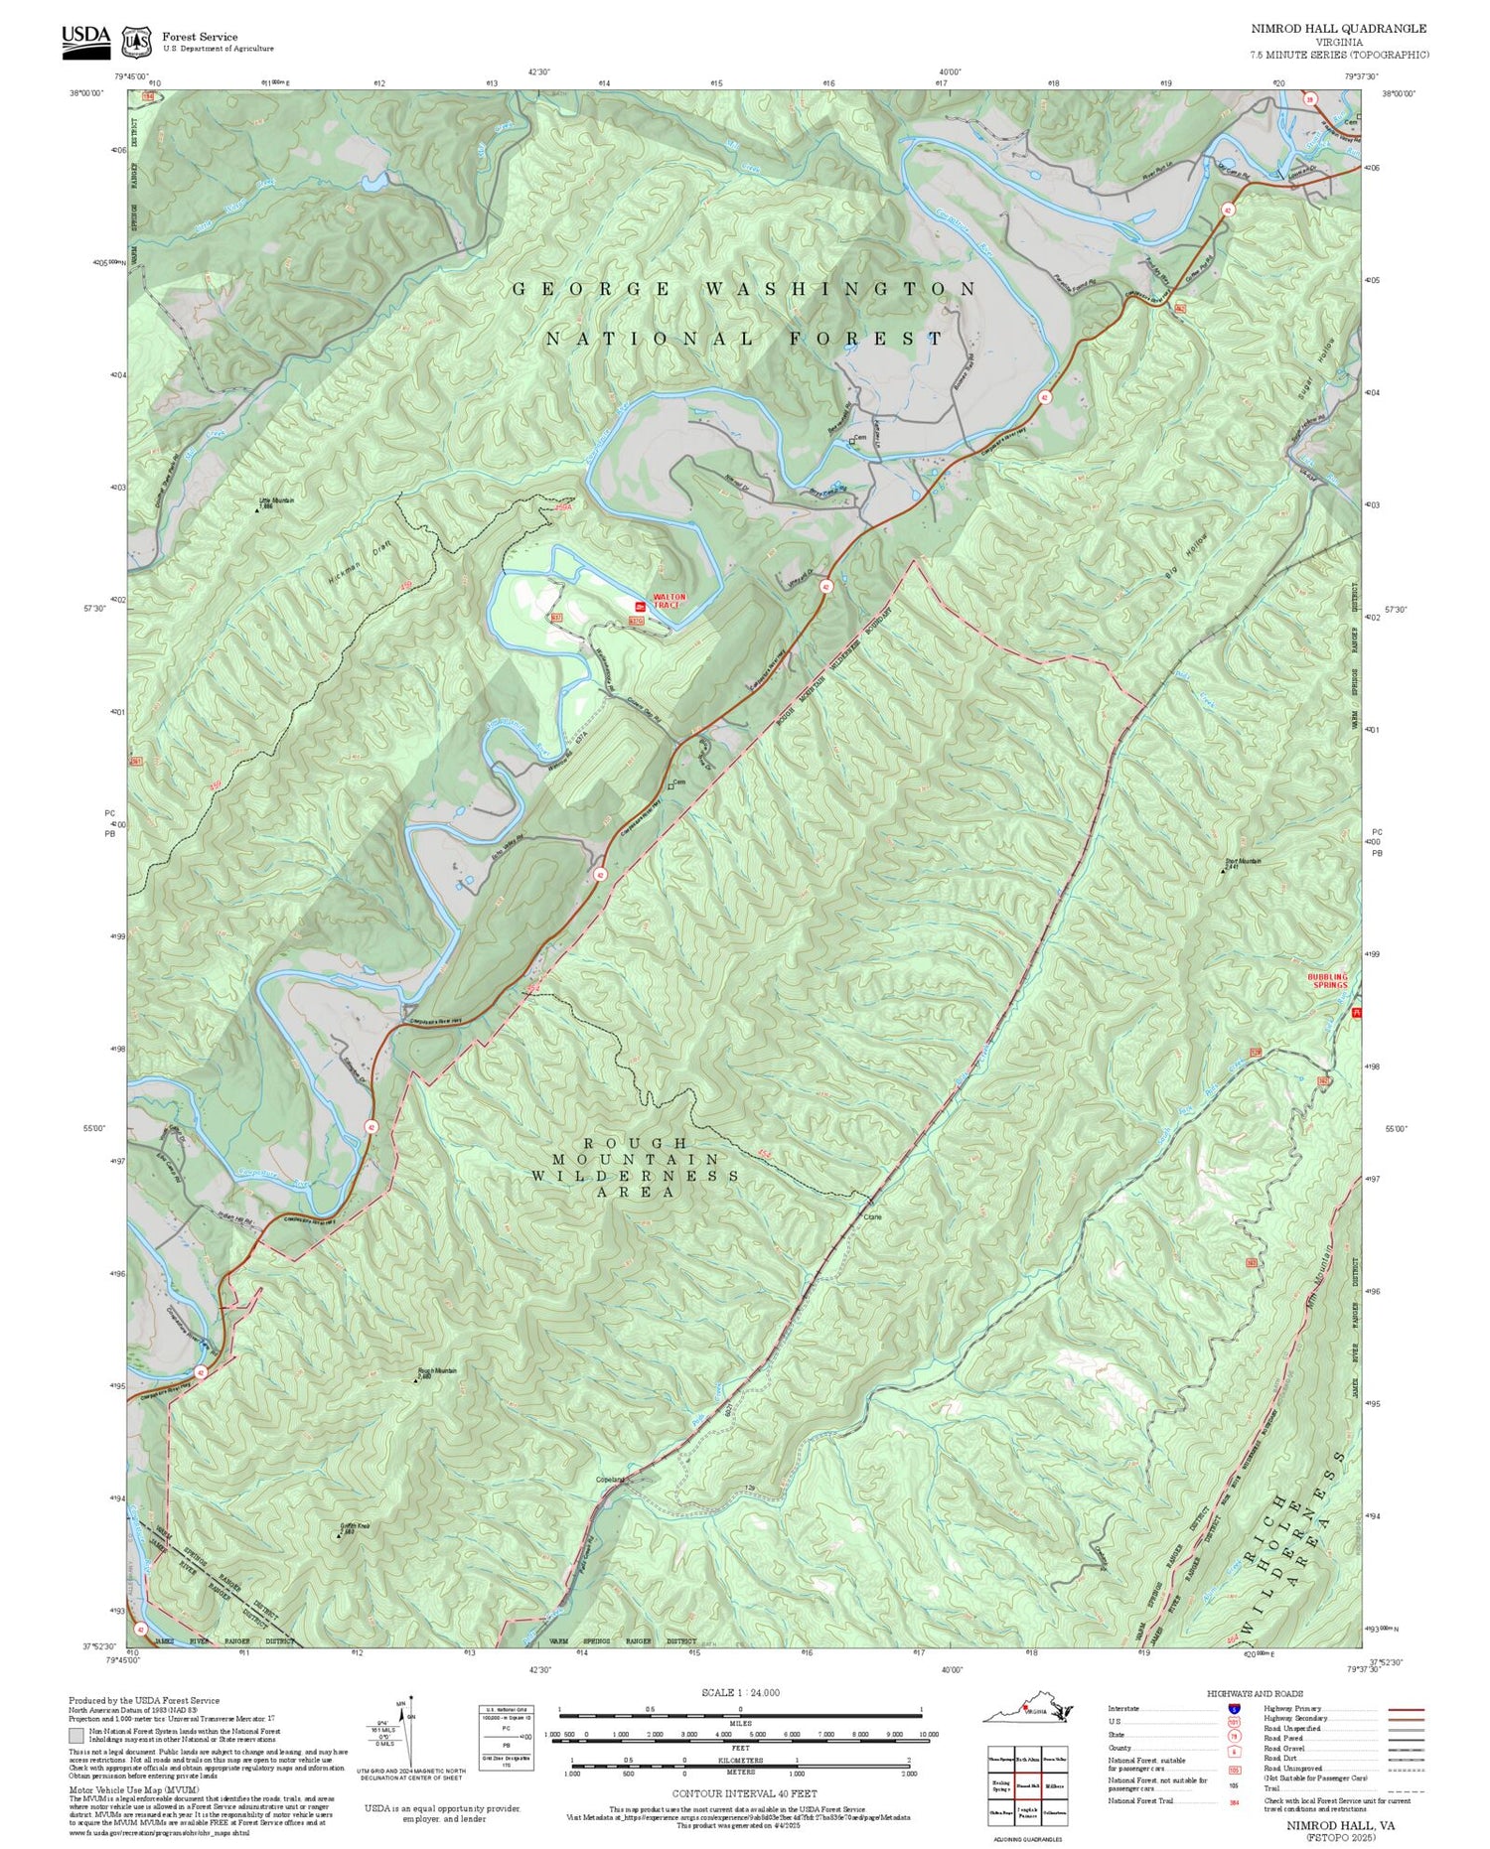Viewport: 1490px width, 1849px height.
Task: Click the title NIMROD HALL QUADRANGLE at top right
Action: coord(1338,29)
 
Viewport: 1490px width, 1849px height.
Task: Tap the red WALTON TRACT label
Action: coord(669,601)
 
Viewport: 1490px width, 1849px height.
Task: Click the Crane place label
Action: coord(873,1216)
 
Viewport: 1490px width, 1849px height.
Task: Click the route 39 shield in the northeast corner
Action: coord(1310,99)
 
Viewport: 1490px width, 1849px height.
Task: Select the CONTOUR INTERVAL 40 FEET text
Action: coord(744,1793)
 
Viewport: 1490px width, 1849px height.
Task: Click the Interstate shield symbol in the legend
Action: coord(1234,1708)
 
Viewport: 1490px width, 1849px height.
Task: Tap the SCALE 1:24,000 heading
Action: coord(740,1692)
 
